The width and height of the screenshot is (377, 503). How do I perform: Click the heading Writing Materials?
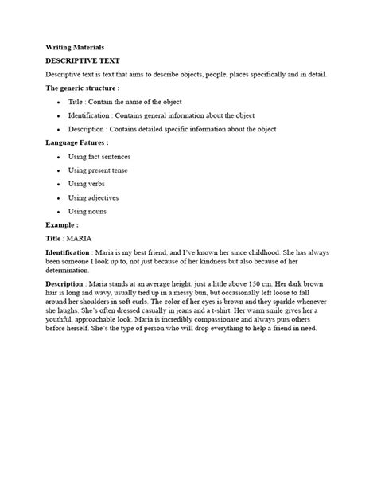tap(75, 48)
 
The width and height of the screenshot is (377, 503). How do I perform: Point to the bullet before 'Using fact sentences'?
tap(58, 158)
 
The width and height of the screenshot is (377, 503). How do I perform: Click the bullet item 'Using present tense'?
tap(98, 170)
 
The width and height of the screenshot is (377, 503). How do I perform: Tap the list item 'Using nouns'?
tap(87, 211)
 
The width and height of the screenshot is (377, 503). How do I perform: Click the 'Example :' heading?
tap(61, 225)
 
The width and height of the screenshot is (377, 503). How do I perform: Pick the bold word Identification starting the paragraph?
tap(68, 252)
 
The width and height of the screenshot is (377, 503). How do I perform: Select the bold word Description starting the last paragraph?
tap(65, 284)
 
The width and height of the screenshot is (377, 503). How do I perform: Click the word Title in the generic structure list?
tap(76, 102)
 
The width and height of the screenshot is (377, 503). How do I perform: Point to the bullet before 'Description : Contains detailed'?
tap(58, 129)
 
